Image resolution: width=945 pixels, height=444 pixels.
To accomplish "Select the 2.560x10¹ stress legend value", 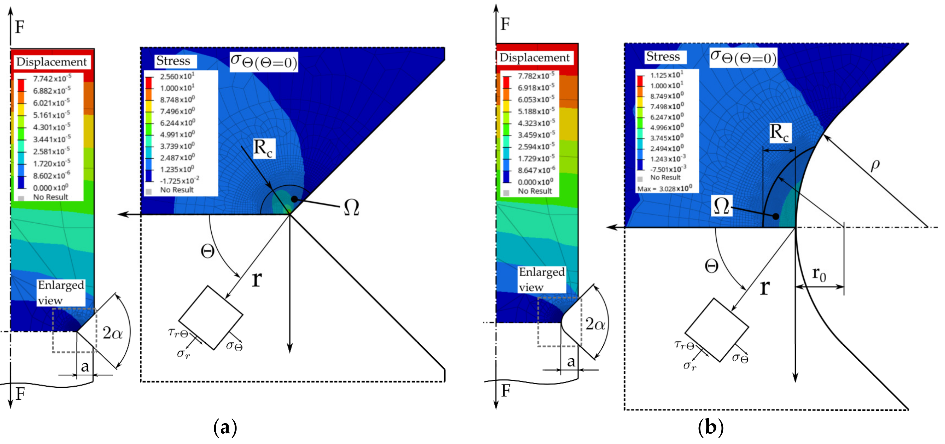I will click(x=177, y=76).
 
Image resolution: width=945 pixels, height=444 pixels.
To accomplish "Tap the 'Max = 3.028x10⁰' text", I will click(x=664, y=189).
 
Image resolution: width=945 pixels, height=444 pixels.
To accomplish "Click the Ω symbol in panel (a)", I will click(x=351, y=207).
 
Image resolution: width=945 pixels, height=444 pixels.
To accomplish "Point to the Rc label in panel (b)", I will click(x=779, y=133).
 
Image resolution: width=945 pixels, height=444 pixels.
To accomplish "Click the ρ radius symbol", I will click(x=875, y=165).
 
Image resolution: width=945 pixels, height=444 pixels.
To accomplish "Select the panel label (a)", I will click(x=225, y=427).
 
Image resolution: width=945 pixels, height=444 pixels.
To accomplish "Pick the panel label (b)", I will click(x=710, y=427).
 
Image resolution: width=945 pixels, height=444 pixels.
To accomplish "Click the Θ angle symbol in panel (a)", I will click(x=208, y=252).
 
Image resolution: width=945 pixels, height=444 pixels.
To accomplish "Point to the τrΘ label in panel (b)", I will click(x=684, y=345).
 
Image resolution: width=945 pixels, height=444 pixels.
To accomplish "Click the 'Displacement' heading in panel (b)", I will click(x=534, y=58).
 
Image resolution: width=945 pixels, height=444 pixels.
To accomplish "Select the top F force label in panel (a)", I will click(x=19, y=27).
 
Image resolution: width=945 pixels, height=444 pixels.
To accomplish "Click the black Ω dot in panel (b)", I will click(x=775, y=217).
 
